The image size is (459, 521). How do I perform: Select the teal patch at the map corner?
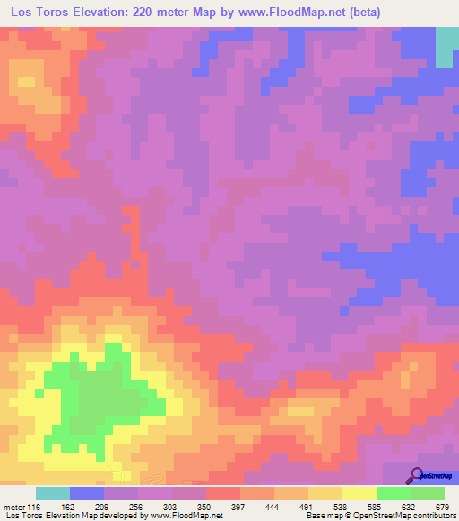point(445,47)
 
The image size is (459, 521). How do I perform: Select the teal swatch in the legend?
point(53,493)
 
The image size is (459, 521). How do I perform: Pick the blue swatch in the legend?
point(87,493)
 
